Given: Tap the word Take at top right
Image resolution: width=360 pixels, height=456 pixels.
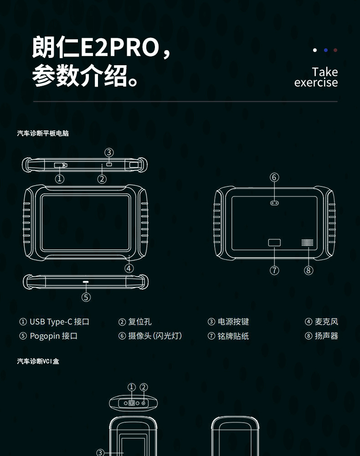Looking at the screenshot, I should [325, 72].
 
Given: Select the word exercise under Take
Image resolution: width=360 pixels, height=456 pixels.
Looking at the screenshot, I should [316, 83].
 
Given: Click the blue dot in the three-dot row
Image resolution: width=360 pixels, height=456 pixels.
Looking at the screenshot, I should [325, 50].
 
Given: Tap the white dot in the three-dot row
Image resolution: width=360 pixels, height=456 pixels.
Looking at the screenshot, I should [315, 50].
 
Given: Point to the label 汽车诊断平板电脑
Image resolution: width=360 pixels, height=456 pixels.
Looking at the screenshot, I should [43, 134].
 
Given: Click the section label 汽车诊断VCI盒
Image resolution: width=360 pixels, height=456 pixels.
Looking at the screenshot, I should [38, 361].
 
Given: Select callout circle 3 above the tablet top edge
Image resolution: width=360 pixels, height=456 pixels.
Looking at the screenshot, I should [109, 152].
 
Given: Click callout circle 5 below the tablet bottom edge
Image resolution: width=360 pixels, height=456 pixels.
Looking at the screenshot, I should [86, 297].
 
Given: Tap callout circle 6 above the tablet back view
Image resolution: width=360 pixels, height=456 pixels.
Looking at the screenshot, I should [274, 177].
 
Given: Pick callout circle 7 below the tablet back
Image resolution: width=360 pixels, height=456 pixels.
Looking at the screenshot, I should [274, 270].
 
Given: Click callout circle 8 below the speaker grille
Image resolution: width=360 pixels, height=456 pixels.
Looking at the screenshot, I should [309, 270].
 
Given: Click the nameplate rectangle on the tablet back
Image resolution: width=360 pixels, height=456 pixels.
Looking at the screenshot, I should [274, 243].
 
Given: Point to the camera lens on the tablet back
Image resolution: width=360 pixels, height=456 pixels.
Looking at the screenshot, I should [274, 203].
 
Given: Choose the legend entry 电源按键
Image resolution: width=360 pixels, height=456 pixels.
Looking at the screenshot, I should [233, 322].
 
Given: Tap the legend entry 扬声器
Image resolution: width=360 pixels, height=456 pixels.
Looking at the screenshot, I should [326, 336].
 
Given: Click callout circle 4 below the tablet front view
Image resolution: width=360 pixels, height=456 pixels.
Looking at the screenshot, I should [129, 268].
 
